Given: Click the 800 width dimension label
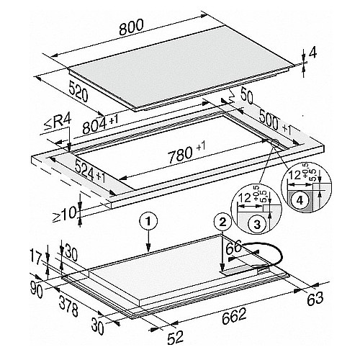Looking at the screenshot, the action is click(x=131, y=27).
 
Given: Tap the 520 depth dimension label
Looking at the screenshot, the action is click(x=78, y=91).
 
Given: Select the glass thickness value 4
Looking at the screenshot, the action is click(x=312, y=53).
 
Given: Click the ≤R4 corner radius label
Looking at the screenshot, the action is click(x=58, y=123).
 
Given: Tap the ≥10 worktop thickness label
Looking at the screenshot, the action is click(x=64, y=213).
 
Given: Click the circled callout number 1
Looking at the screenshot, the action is click(x=148, y=222).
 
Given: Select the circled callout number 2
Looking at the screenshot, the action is click(x=223, y=222).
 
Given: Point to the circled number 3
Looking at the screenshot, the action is click(x=257, y=225).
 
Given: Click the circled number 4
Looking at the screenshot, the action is click(x=300, y=200).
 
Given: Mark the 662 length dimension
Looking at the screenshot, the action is click(x=234, y=315).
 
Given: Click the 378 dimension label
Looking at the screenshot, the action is click(x=68, y=306).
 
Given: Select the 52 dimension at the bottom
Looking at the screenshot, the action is click(x=175, y=337).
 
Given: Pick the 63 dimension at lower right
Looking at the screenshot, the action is click(x=315, y=299).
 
